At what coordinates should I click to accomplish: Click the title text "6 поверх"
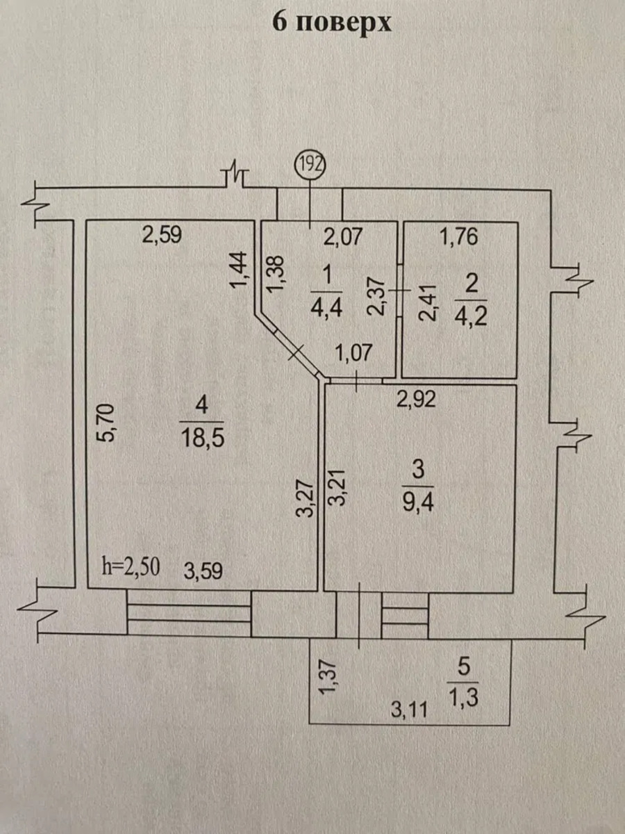pyautogui.click(x=332, y=22)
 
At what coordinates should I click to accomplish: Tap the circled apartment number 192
pyautogui.click(x=310, y=165)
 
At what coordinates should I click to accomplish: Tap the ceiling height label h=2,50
pyautogui.click(x=131, y=566)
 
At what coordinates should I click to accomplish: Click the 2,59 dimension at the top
pyautogui.click(x=161, y=235)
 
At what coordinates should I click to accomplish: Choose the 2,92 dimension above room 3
pyautogui.click(x=416, y=400)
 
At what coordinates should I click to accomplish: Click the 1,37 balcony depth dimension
pyautogui.click(x=331, y=676)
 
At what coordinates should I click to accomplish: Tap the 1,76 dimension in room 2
pyautogui.click(x=460, y=238)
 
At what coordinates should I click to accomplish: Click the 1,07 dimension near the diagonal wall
pyautogui.click(x=355, y=353)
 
